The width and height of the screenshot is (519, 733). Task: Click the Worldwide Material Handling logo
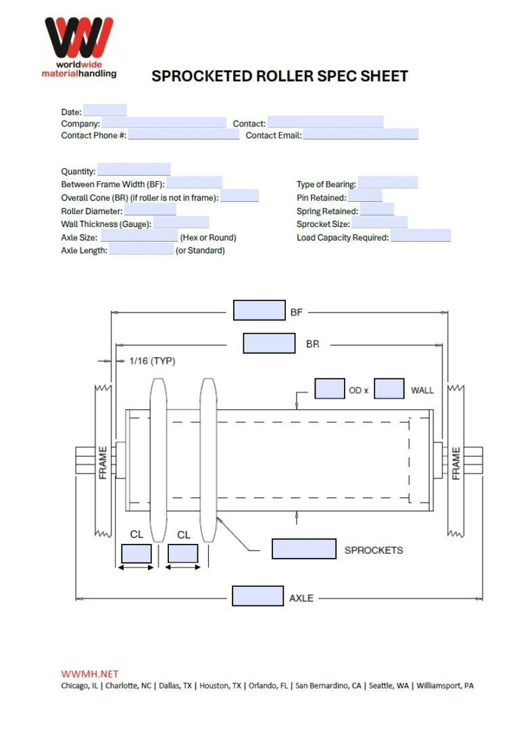point(79,47)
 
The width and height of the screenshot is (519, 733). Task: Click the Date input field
point(105,111)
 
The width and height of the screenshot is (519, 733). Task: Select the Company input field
point(164,123)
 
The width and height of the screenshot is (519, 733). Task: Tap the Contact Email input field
point(360,134)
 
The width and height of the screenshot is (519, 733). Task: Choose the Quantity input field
point(134,170)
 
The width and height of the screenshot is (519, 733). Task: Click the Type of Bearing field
point(388,183)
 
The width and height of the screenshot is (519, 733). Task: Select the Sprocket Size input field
point(379,223)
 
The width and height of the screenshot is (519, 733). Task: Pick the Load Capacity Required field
point(420,236)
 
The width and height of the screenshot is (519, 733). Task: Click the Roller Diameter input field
point(151,209)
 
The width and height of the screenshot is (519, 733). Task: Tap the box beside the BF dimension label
point(259,311)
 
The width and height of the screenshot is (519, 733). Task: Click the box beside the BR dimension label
point(269,343)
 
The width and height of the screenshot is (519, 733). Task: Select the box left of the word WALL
point(389,389)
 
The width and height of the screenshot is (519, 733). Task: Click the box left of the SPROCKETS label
point(303,549)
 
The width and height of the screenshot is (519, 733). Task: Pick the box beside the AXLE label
point(257,596)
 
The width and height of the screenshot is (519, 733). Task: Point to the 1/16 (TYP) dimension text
point(152,361)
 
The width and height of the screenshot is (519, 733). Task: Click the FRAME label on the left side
point(103,463)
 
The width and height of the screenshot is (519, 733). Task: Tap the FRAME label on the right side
point(456,463)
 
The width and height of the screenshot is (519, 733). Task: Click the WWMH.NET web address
point(90,674)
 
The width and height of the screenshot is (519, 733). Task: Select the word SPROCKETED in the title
point(201,76)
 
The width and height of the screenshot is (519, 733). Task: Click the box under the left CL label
point(137,554)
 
